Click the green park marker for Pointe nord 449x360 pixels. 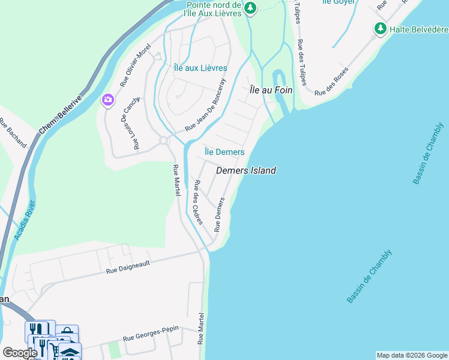coord(250,8)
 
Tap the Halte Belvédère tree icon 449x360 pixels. coord(380,28)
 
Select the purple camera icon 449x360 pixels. coord(108,100)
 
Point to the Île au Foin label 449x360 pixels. coord(271,90)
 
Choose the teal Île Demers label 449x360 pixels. coord(224,152)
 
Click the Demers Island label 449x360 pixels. coord(246,170)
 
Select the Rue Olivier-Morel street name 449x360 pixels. coord(135,65)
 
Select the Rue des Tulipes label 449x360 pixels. coord(301,63)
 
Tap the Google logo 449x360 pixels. coord(20,353)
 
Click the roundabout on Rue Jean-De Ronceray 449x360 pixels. coord(163,140)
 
